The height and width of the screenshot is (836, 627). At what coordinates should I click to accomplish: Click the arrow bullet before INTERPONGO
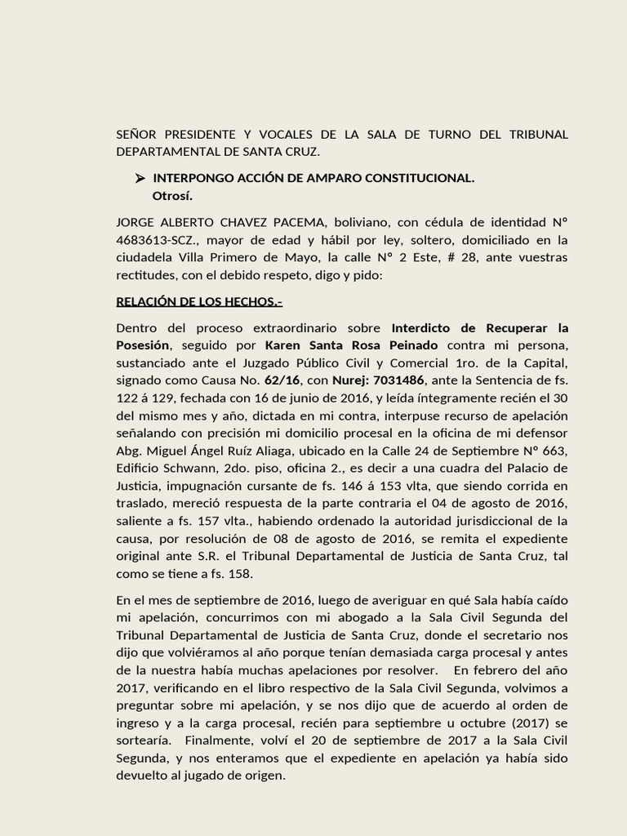click(x=140, y=179)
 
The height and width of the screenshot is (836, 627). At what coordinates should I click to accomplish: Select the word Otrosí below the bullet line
click(x=172, y=196)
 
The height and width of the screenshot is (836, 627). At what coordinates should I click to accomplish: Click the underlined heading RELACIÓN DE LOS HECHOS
click(x=199, y=302)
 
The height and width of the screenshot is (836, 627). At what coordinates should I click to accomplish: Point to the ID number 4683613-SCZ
click(x=160, y=240)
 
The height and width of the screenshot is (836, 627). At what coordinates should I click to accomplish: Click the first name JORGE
click(x=136, y=223)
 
